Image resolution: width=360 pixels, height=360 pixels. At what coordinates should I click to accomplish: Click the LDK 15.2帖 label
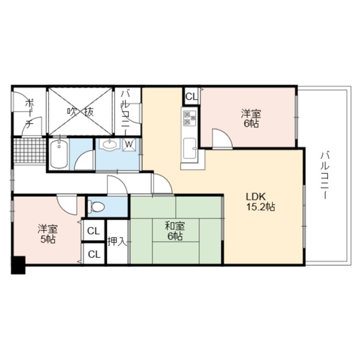click(260, 202)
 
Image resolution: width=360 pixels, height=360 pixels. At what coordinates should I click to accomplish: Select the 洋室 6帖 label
click(251, 118)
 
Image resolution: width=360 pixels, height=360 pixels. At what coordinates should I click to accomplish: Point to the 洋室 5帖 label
click(48, 235)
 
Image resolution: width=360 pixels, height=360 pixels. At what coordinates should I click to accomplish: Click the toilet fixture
click(96, 206)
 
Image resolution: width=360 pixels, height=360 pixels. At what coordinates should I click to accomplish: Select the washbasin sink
click(110, 145)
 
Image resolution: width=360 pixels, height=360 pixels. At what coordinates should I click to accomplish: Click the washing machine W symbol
click(129, 145)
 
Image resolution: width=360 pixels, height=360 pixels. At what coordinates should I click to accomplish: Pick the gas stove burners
click(190, 118)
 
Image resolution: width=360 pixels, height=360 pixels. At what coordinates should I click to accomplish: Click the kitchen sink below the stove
click(190, 148)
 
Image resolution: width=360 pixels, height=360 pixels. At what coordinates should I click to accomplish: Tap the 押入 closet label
click(118, 242)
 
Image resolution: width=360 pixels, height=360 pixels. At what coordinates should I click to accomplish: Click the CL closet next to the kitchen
click(191, 97)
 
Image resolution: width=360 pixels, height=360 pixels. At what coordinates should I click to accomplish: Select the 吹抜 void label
click(80, 112)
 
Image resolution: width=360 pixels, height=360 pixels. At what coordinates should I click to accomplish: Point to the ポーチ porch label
click(29, 113)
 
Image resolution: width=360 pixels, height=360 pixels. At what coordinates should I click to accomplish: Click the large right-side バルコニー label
click(325, 175)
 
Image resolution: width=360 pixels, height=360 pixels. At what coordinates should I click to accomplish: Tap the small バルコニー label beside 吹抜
click(125, 113)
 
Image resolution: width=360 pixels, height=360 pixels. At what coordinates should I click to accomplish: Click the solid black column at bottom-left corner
click(18, 265)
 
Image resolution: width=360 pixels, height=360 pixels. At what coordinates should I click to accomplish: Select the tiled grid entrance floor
click(29, 151)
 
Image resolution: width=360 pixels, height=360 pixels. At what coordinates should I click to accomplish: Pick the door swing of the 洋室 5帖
click(67, 205)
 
